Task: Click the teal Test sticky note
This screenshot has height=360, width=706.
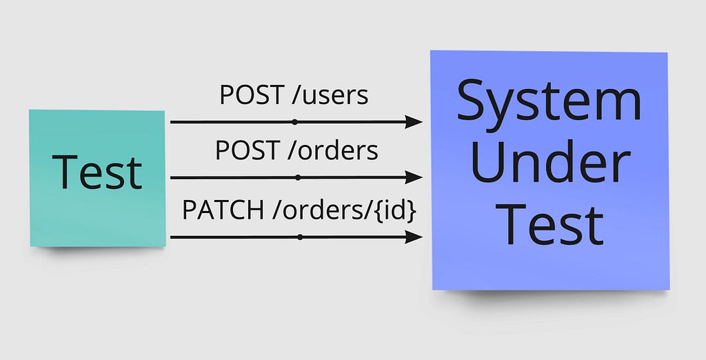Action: (x=97, y=178)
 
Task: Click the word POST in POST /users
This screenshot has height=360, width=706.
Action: (x=252, y=95)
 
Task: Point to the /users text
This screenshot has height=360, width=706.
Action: (x=330, y=95)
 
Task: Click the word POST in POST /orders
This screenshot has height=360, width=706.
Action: (x=248, y=150)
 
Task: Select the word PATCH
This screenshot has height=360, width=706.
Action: (x=223, y=210)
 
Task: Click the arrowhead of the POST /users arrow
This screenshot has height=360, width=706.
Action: (x=414, y=122)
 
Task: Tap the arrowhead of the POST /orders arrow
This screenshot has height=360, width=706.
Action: (x=414, y=177)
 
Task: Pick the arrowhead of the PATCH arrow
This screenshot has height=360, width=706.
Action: (x=414, y=237)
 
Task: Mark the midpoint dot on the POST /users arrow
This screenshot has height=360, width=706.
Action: (x=294, y=122)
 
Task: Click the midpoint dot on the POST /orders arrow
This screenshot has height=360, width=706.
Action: (x=298, y=177)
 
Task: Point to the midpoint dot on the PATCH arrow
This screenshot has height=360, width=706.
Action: (x=300, y=237)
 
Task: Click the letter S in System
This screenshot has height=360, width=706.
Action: (x=473, y=100)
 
